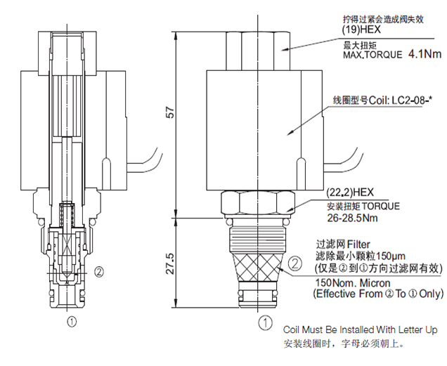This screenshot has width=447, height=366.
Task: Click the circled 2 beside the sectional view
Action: [99, 271]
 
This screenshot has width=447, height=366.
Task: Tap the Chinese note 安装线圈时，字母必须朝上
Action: [345, 344]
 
